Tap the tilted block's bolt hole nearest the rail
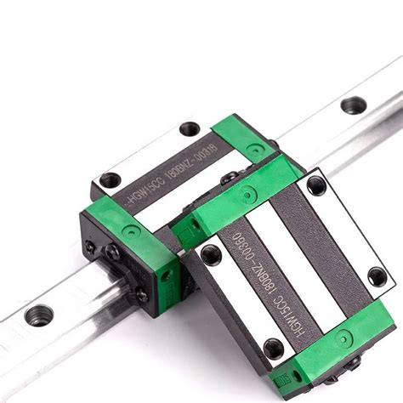[x=212, y=254]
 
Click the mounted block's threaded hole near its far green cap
[x=190, y=130]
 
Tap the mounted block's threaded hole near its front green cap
[x=107, y=179]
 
